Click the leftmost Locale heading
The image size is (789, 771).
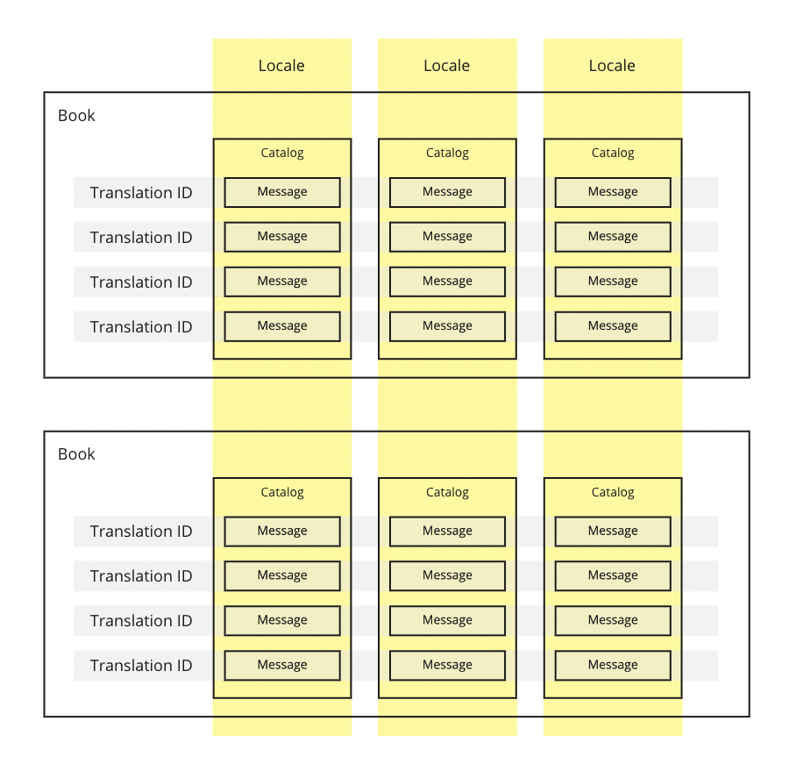(x=281, y=66)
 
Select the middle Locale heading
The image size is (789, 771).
(x=447, y=66)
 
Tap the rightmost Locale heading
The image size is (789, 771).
(x=612, y=66)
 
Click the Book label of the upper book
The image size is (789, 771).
(x=76, y=115)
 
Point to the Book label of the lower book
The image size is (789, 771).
(x=76, y=454)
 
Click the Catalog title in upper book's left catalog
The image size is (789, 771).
(x=282, y=153)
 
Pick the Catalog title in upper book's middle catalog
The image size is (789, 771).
(x=447, y=153)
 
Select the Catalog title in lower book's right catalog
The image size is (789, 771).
(x=613, y=492)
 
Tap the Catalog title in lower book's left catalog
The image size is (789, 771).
(x=282, y=492)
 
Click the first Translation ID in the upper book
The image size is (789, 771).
(x=141, y=192)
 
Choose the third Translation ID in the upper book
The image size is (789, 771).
(x=141, y=282)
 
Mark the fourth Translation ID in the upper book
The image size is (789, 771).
(x=141, y=327)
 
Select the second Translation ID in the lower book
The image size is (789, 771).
(x=141, y=576)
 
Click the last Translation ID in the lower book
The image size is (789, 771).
(x=141, y=666)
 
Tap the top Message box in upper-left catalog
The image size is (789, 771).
(x=282, y=192)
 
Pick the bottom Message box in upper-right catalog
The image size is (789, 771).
(x=613, y=327)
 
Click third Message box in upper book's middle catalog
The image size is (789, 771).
(x=447, y=282)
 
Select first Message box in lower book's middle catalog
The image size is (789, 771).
(x=447, y=532)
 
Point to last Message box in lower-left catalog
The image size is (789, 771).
(x=282, y=666)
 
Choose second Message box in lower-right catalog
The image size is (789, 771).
(x=613, y=576)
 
